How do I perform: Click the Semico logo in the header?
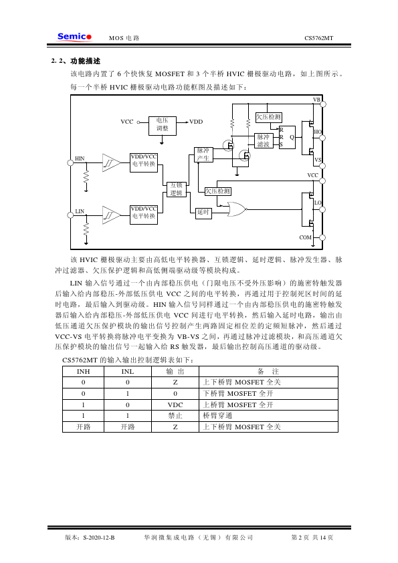74,37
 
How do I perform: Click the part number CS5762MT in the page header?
318,38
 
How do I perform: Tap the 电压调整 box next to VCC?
163,126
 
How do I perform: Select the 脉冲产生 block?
203,154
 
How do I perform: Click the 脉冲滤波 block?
264,140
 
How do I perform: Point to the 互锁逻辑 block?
177,189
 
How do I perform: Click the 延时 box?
203,213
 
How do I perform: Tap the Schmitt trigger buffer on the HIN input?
111,162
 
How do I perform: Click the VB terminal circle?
323,104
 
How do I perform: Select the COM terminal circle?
322,237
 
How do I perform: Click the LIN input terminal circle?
70,215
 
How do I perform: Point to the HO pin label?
318,132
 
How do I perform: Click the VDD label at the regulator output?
196,122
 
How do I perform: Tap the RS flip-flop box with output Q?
288,137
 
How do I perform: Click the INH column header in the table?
84,372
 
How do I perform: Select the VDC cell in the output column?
175,405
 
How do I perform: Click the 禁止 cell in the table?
175,416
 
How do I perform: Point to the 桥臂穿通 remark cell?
217,416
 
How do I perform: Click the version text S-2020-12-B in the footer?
99,538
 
